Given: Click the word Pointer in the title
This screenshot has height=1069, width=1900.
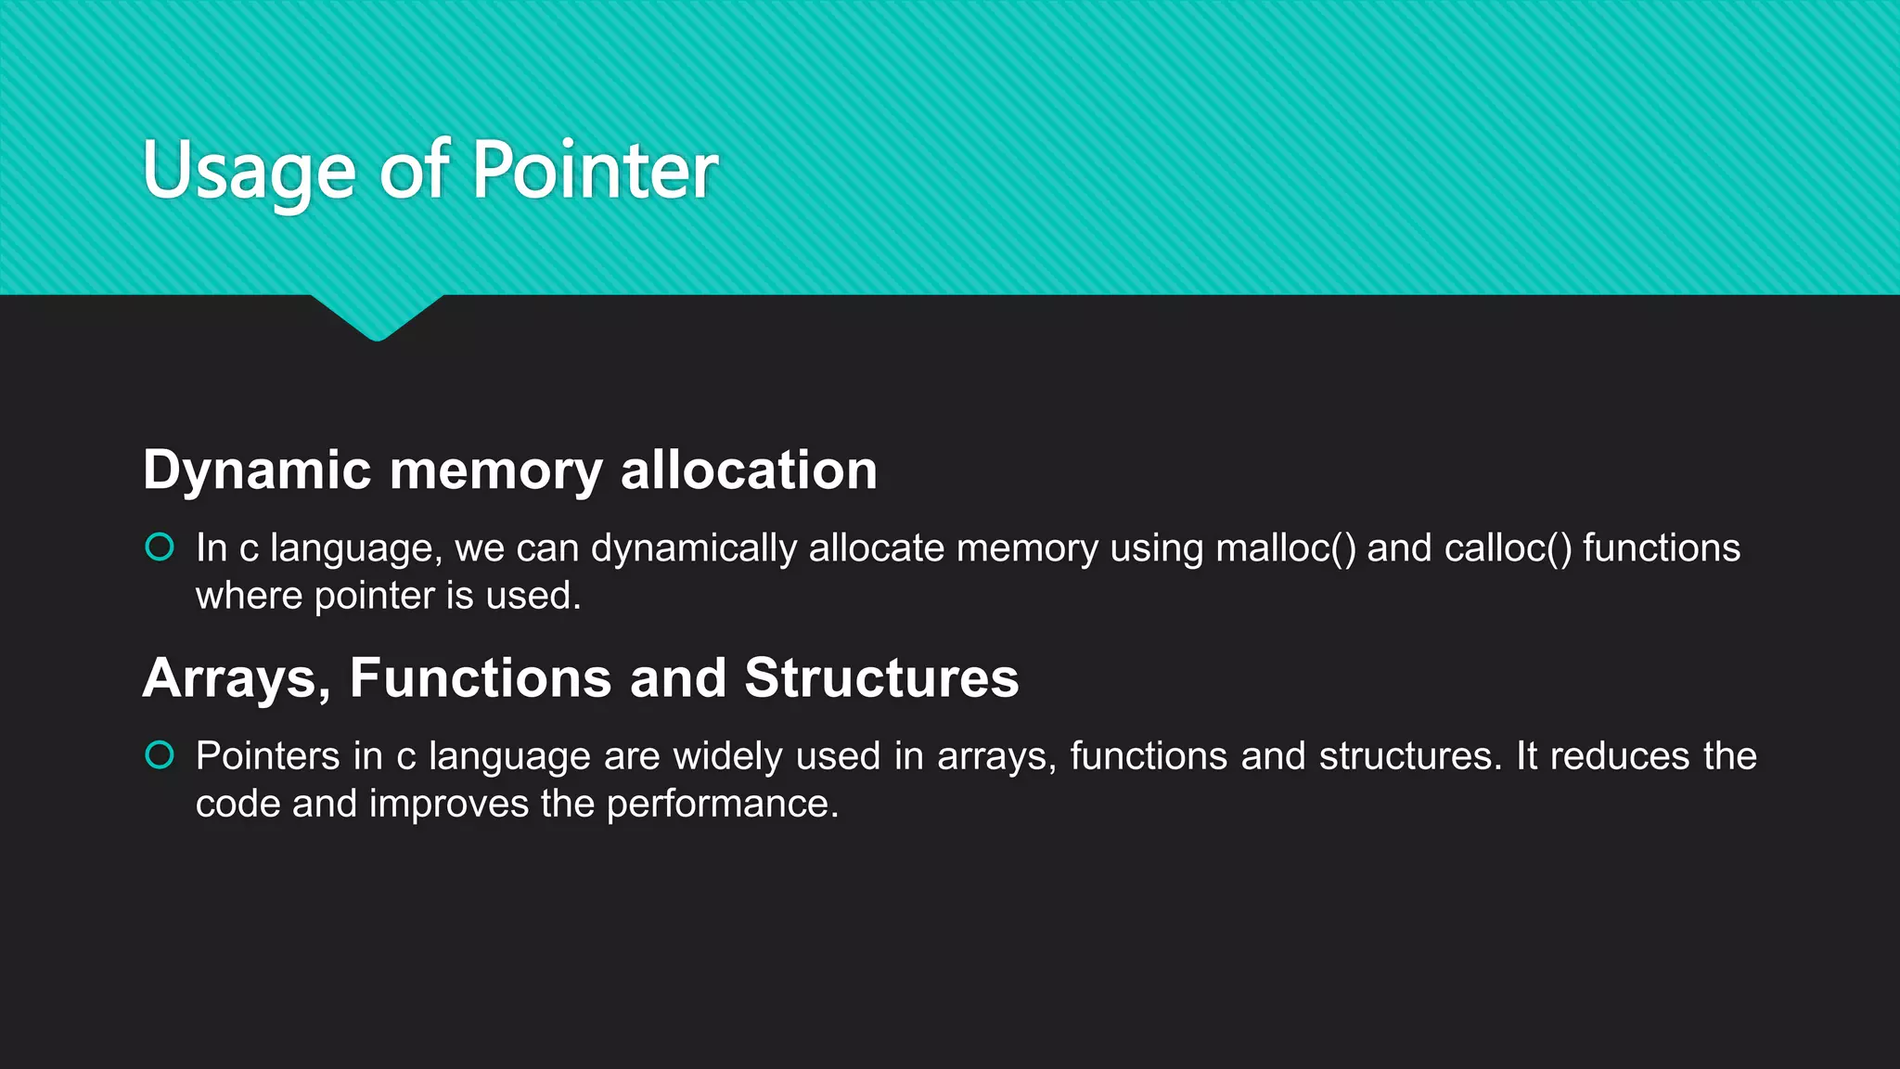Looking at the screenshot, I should pos(596,170).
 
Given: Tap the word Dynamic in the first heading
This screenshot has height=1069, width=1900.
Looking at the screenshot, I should pos(257,470).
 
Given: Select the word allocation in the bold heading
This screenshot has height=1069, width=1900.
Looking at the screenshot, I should pos(749,470).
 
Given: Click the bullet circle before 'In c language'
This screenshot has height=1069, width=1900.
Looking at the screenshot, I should pos(160,547).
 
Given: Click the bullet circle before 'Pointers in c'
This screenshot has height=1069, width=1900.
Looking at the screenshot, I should pos(160,755).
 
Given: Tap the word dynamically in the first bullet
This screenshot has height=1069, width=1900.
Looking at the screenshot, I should pos(693,548).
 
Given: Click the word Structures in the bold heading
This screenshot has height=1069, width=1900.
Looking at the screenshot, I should pos(881,678).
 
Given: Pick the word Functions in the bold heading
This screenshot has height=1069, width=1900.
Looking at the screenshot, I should pos(480,678).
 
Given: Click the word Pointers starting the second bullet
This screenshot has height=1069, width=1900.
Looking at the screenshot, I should pos(267,756).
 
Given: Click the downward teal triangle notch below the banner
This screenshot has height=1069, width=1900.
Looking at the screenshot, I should pos(377,316).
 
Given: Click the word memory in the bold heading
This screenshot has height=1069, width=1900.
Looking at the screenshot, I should pos(495,470).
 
